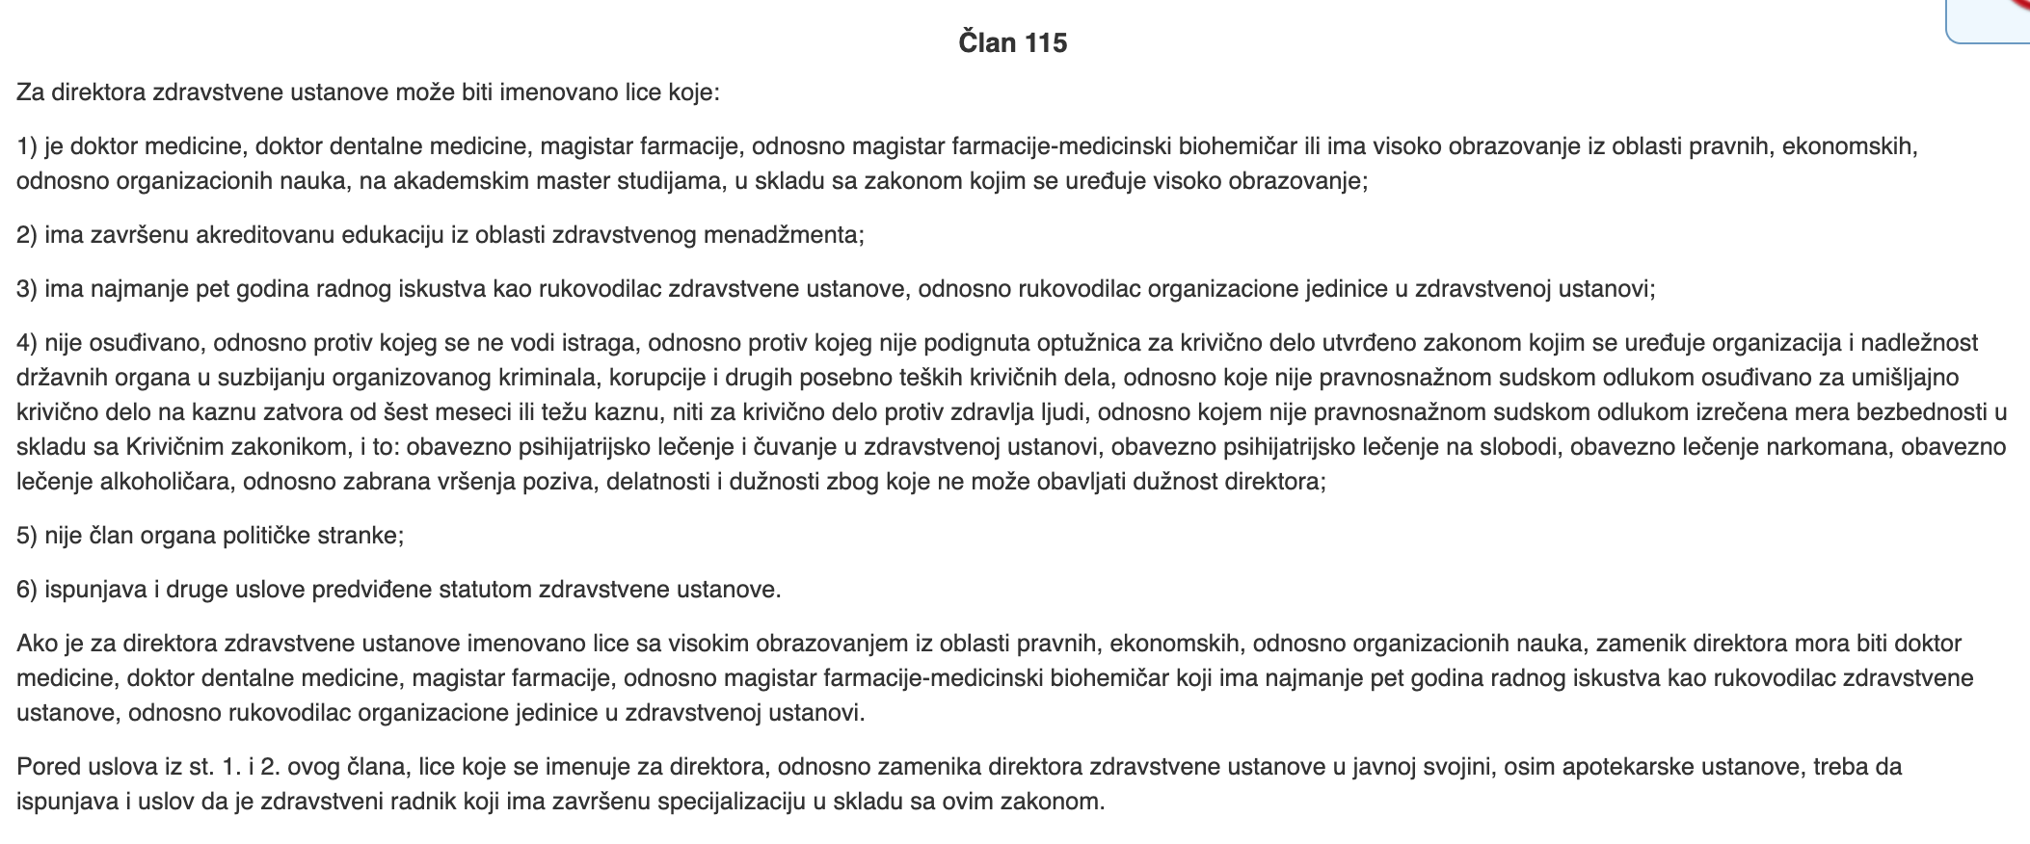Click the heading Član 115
click(x=1013, y=43)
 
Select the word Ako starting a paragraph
click(x=37, y=644)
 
